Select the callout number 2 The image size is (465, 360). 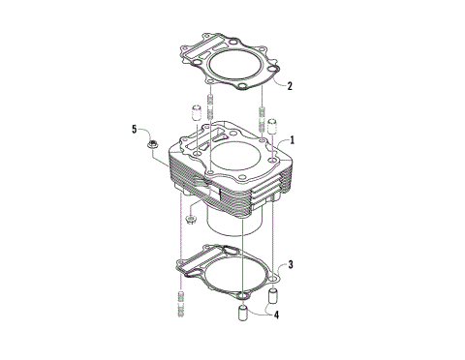290,85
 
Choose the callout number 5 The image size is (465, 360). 135,129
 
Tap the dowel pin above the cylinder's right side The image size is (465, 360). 272,126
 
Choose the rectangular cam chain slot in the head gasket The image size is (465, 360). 200,49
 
